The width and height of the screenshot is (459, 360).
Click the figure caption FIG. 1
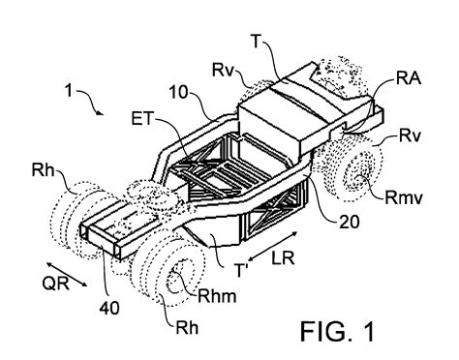[x=337, y=331]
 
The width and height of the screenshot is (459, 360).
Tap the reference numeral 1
[x=69, y=90]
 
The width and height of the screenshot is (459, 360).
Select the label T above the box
[x=256, y=41]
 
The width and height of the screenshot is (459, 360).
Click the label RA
[x=409, y=77]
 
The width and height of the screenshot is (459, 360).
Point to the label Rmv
[x=404, y=197]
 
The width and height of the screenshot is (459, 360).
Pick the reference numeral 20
[x=349, y=222]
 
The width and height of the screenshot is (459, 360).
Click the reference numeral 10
[x=178, y=92]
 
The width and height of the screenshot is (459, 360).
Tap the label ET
[x=141, y=119]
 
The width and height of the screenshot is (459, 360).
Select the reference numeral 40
[x=109, y=309]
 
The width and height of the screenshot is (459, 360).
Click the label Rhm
[x=217, y=295]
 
